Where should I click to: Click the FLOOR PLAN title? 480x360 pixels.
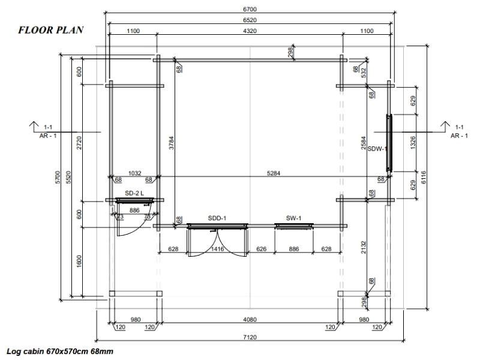coord(51,30)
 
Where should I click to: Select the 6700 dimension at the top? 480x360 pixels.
coord(250,9)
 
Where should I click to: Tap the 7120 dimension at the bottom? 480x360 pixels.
coord(250,337)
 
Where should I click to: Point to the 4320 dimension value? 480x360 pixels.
coord(250,31)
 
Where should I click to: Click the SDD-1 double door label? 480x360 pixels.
coord(217,218)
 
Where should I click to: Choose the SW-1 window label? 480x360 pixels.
coord(293,218)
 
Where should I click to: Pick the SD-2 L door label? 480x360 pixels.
coord(134,193)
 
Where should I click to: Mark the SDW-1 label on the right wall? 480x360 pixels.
coord(377,149)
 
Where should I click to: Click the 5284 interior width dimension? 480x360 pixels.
coord(274,173)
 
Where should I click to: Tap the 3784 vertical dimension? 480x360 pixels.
coord(172,143)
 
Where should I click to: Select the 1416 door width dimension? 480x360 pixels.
coord(217,249)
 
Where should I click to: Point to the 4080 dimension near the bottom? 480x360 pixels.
coord(250,320)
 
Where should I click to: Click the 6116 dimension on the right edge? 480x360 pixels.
coord(424,178)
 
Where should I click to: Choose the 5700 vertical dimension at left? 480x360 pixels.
coord(58,178)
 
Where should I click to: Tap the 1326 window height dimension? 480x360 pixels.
coord(413,143)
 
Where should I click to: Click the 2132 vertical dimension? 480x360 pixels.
coord(364,247)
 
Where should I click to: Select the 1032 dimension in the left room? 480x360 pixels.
coord(134,173)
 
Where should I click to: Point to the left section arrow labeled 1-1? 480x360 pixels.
coord(34,124)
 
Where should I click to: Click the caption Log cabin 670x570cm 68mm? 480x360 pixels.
coord(60,351)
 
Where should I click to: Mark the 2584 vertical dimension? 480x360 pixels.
coord(364,143)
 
